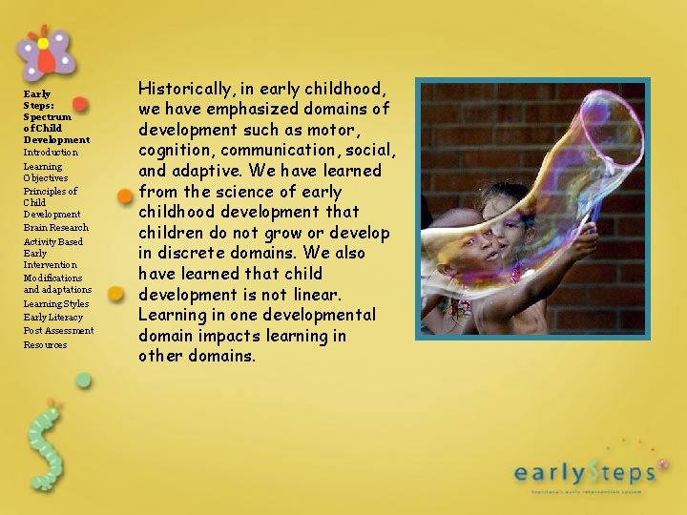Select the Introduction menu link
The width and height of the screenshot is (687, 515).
[51, 153]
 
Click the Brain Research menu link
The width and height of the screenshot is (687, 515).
[55, 228]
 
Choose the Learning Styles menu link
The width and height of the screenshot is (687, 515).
[56, 304]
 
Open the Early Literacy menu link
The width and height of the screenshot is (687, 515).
[53, 318]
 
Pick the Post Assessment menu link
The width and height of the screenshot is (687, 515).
[58, 331]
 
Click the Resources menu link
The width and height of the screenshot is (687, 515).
[45, 345]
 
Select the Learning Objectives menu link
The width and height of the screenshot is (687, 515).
[46, 172]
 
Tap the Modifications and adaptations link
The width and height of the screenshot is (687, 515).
[57, 283]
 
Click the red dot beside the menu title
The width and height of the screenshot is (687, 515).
[80, 104]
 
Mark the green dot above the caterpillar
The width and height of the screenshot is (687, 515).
[84, 381]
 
